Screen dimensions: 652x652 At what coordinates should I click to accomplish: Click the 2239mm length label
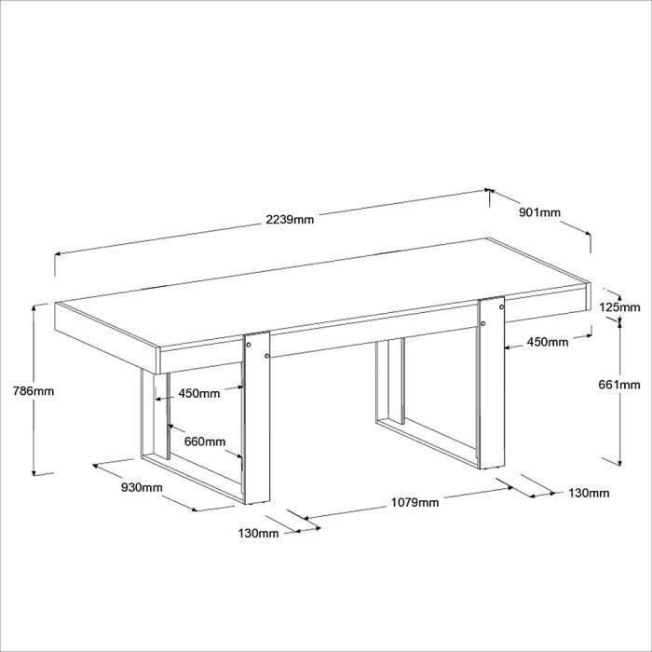[290, 219]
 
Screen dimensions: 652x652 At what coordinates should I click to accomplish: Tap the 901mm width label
[539, 212]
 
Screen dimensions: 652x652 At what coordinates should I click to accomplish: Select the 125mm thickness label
[619, 307]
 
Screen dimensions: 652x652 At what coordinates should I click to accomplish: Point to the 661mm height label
[619, 385]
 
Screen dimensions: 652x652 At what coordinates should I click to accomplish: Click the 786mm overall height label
[34, 391]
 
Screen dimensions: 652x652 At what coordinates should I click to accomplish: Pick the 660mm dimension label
[205, 441]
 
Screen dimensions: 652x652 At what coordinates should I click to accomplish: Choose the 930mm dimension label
[142, 487]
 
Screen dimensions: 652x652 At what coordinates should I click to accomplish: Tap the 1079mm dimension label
[415, 503]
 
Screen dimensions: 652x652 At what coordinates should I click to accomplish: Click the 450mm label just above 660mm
[199, 393]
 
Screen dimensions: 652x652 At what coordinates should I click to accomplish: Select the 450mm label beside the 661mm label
[548, 342]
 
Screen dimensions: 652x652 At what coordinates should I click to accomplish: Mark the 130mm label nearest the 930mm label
[259, 533]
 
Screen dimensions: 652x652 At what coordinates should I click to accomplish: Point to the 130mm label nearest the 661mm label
[589, 493]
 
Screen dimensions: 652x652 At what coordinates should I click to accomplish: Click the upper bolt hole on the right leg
[501, 307]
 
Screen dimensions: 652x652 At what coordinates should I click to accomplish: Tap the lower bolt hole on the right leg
[483, 323]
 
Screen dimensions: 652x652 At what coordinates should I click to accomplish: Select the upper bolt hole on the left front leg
[249, 345]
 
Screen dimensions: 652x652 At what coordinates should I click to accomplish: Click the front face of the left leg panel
[257, 418]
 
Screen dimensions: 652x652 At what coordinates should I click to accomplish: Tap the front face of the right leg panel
[492, 383]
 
